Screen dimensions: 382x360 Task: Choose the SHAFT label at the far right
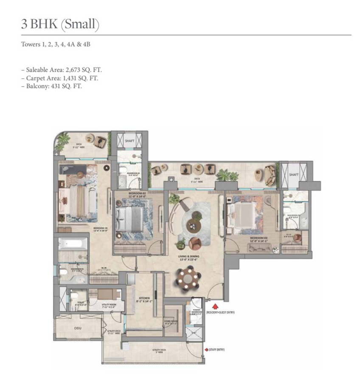(294, 174)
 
